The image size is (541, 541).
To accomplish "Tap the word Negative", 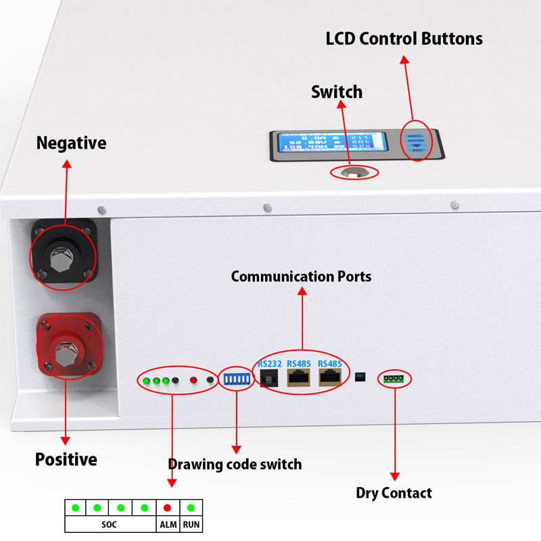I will tap(71, 143).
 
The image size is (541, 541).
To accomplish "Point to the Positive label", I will tap(66, 460).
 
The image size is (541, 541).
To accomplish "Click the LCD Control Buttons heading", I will tap(404, 39).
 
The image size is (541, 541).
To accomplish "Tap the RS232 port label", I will tap(268, 364).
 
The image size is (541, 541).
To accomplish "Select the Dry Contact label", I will tap(394, 493).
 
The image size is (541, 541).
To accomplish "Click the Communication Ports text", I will tap(301, 277).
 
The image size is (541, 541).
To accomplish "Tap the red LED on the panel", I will tap(193, 381).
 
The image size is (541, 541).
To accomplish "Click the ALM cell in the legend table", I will tap(168, 525).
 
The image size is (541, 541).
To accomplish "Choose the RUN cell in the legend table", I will tap(191, 525).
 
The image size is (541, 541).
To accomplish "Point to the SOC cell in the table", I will tap(110, 525).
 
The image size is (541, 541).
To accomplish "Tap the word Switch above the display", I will tap(337, 92).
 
